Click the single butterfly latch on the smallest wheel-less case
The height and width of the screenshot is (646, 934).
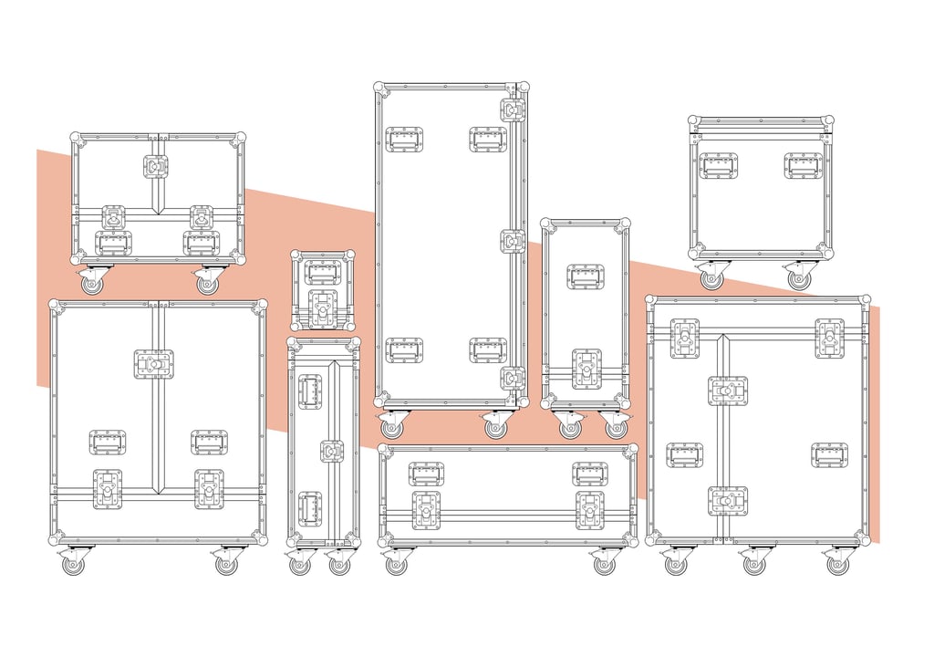pyautogui.click(x=323, y=310)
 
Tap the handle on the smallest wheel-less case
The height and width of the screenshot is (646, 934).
pyautogui.click(x=322, y=272)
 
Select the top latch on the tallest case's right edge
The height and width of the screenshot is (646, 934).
pyautogui.click(x=513, y=109)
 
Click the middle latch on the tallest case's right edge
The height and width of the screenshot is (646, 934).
pyautogui.click(x=513, y=241)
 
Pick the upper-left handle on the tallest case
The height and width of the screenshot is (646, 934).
pyautogui.click(x=403, y=139)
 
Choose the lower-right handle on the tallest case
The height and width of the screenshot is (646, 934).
pyautogui.click(x=488, y=349)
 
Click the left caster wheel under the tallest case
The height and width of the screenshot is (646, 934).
pyautogui.click(x=391, y=427)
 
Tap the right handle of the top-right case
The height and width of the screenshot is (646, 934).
pyautogui.click(x=803, y=165)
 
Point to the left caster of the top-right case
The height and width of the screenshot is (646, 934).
pyautogui.click(x=711, y=278)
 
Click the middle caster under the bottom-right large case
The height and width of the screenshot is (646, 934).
pyautogui.click(x=753, y=564)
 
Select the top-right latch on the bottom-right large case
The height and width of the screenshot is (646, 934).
pyautogui.click(x=830, y=338)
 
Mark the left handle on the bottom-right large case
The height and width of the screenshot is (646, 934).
pyautogui.click(x=684, y=454)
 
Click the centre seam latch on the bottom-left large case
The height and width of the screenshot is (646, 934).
pyautogui.click(x=154, y=364)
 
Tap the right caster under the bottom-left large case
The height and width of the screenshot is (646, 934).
pyautogui.click(x=225, y=564)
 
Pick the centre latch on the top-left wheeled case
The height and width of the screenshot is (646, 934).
pyautogui.click(x=156, y=166)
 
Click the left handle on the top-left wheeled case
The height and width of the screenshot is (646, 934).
pyautogui.click(x=113, y=243)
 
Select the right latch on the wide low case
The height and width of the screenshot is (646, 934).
pyautogui.click(x=589, y=510)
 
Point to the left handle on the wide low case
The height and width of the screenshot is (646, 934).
pyautogui.click(x=426, y=474)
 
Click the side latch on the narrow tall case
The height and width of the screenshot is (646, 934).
pyautogui.click(x=332, y=451)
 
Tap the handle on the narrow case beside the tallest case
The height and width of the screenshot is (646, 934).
pyautogui.click(x=586, y=276)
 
